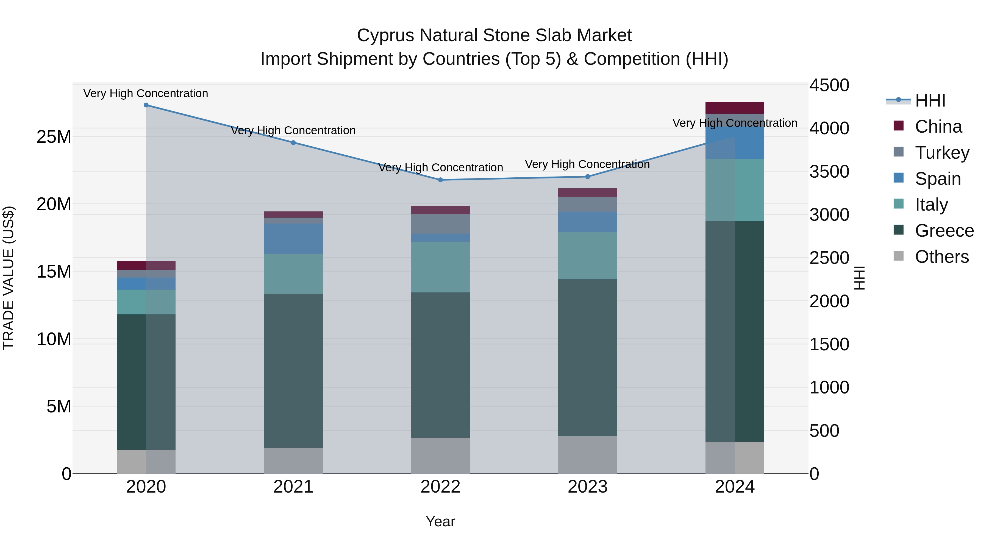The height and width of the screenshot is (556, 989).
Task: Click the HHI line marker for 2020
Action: tap(146, 105)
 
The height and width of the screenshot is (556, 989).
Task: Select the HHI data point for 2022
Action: tap(440, 180)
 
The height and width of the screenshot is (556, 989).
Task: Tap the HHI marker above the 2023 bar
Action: tap(587, 177)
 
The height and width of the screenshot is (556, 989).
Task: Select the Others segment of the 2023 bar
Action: tap(587, 455)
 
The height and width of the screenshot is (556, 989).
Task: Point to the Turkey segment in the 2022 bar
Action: tap(440, 224)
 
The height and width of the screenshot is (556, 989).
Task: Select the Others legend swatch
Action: tap(898, 256)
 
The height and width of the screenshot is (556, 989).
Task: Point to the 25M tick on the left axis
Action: tap(54, 137)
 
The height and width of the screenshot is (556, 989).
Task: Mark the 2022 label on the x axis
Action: tap(440, 487)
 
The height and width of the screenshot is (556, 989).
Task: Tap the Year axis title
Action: tap(440, 521)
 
